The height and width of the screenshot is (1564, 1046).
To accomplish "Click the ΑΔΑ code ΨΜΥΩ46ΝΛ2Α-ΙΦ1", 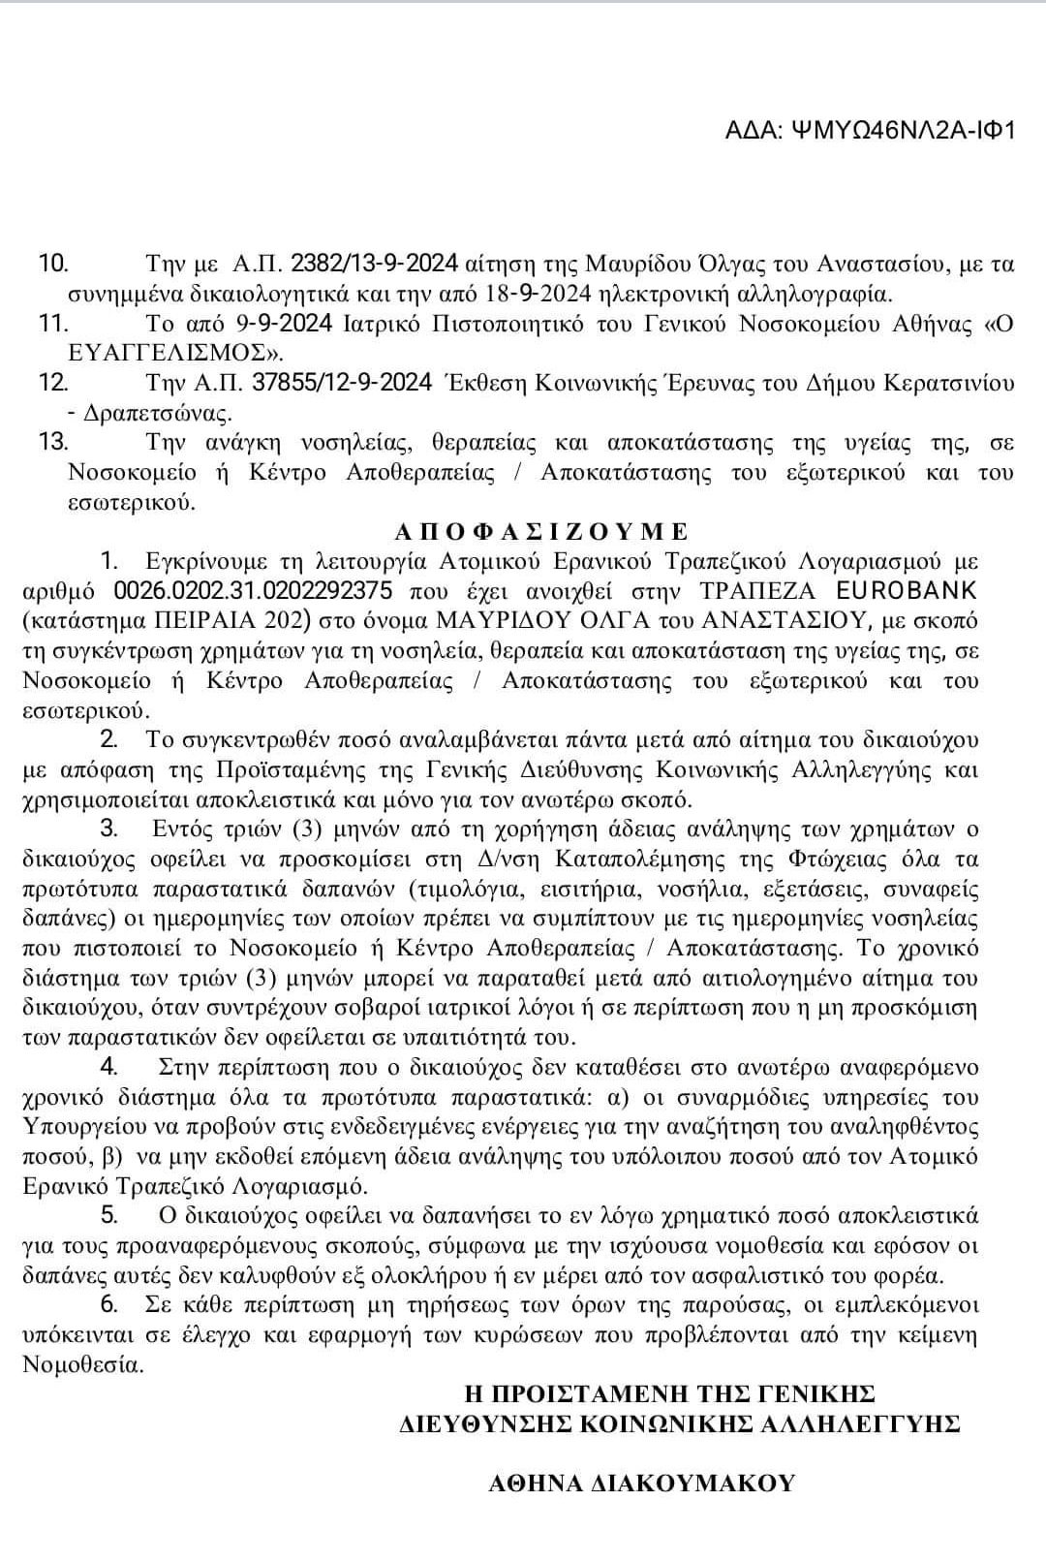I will [x=870, y=130].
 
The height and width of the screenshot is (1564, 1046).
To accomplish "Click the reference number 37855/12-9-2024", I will [x=342, y=383].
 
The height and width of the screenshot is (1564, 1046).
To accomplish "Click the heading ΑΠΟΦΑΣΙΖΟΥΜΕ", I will [x=541, y=531].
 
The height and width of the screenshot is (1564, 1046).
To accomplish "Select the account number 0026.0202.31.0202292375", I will [x=253, y=590].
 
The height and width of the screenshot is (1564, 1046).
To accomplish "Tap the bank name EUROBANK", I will [x=906, y=590].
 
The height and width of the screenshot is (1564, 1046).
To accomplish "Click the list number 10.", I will [x=53, y=264].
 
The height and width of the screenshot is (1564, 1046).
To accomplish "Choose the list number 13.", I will [x=53, y=443].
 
